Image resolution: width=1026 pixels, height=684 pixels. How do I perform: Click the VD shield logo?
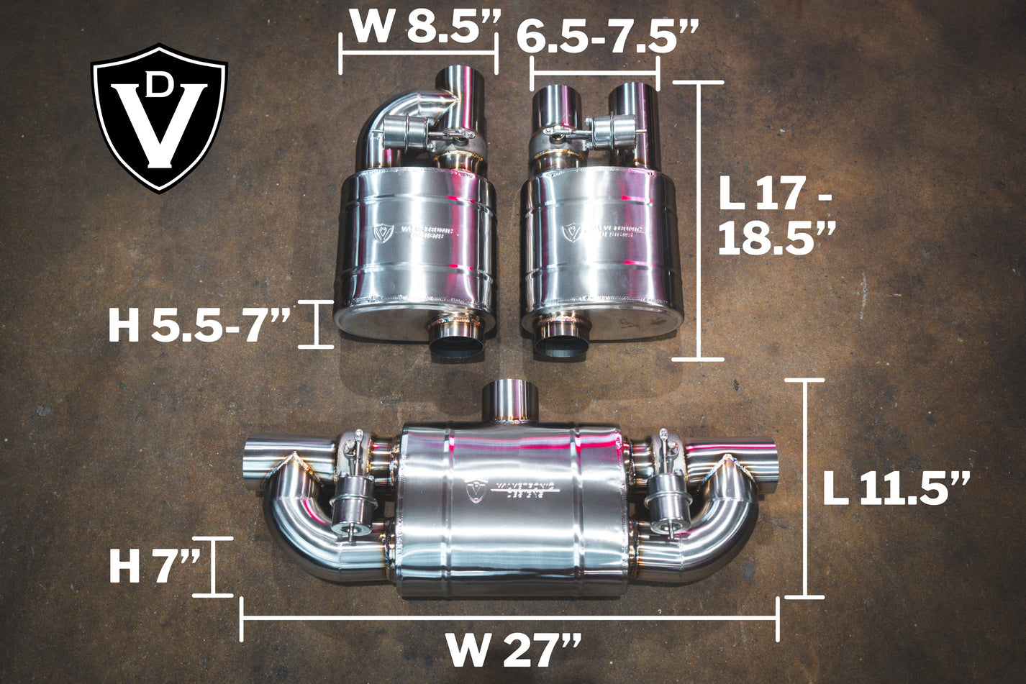(x=159, y=119)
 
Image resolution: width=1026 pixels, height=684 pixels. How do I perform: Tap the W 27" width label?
(x=513, y=651)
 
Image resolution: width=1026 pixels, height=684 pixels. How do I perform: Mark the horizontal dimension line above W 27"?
(x=509, y=618)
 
